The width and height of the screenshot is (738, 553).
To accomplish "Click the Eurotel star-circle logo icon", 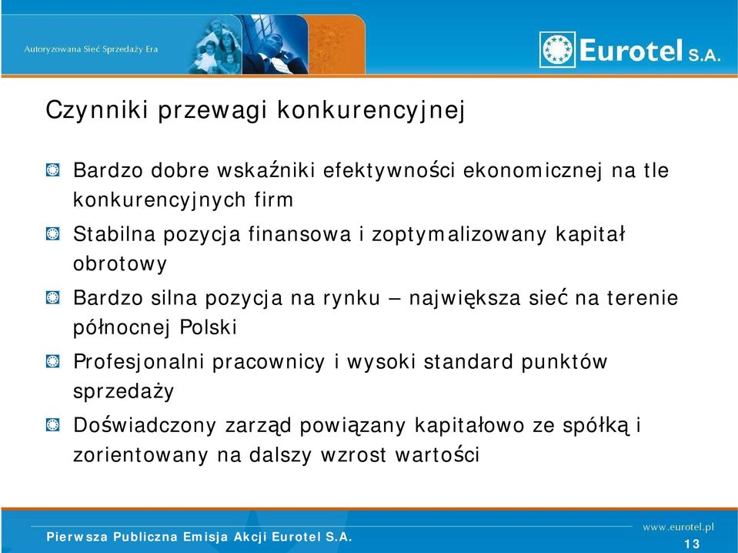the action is tap(557, 49).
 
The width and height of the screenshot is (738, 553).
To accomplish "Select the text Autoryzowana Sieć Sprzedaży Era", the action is tap(91, 49).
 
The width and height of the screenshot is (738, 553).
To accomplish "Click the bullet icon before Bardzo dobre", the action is tap(52, 170).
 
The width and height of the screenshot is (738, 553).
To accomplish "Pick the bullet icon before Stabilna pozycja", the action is tap(52, 233).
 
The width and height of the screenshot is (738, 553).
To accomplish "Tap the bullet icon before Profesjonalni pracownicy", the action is tap(52, 361).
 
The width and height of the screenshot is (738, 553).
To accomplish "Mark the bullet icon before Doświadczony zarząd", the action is tap(52, 425).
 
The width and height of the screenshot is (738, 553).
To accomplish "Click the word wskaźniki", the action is tap(266, 170).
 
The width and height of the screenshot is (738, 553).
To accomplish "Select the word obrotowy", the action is tap(120, 264).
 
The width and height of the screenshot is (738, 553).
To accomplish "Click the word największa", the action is tap(465, 298).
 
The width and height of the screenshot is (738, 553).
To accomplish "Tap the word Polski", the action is tap(208, 327).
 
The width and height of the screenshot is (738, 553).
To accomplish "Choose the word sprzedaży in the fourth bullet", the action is tap(123, 391).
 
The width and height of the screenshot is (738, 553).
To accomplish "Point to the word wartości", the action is tap(437, 455).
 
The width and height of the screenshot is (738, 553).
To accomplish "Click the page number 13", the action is tap(693, 544).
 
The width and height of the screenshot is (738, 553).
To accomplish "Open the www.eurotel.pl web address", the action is tap(678, 527).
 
